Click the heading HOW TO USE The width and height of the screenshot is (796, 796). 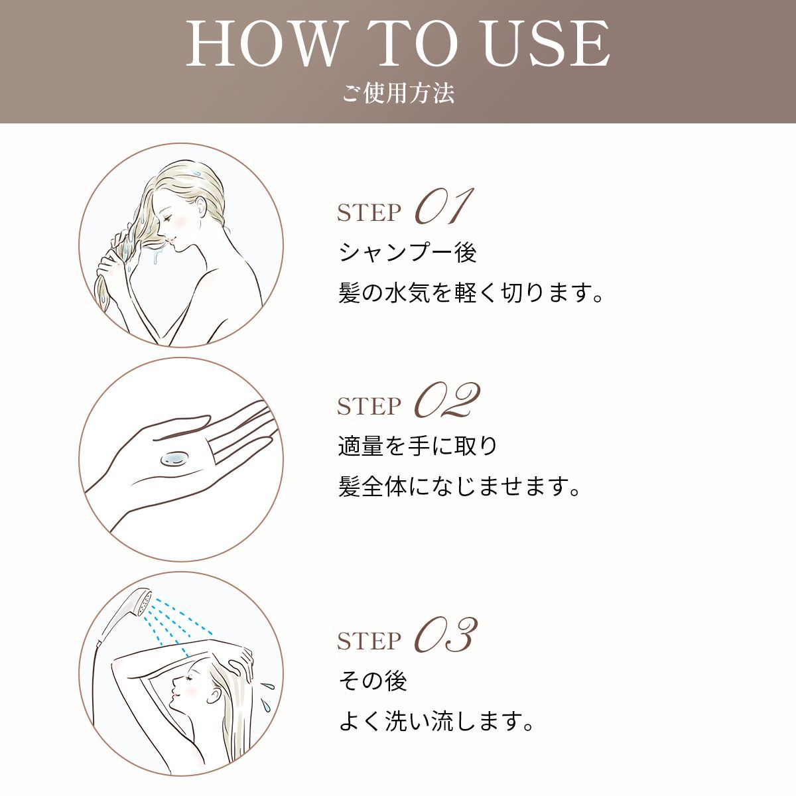pyautogui.click(x=398, y=44)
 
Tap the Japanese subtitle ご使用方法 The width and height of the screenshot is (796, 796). pyautogui.click(x=398, y=94)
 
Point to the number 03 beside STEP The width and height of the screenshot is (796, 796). pyautogui.click(x=446, y=635)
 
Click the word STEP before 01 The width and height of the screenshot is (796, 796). pyautogui.click(x=369, y=213)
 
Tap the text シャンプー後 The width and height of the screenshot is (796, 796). pyautogui.click(x=407, y=253)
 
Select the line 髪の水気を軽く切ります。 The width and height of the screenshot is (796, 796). pyautogui.click(x=472, y=293)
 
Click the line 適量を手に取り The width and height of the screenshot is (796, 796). pyautogui.click(x=418, y=446)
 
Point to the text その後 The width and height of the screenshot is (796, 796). pyautogui.click(x=372, y=681)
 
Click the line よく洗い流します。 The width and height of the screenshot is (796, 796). pyautogui.click(x=436, y=721)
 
